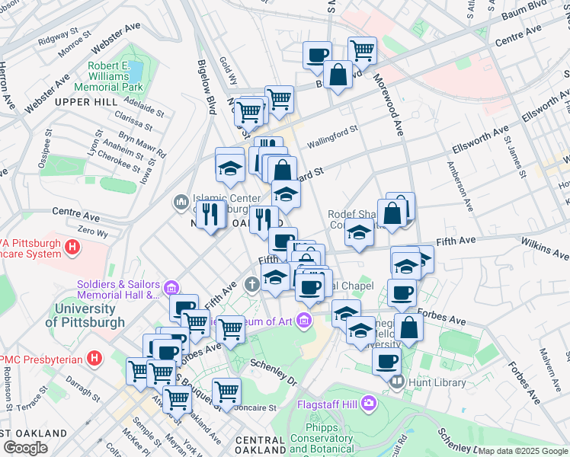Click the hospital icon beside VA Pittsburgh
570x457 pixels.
[72, 247]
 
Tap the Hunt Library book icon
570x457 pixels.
[395, 381]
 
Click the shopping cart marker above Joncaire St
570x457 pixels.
[226, 391]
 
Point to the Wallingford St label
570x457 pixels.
[332, 138]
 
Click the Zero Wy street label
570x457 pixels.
[91, 230]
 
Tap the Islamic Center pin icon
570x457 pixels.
[181, 202]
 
